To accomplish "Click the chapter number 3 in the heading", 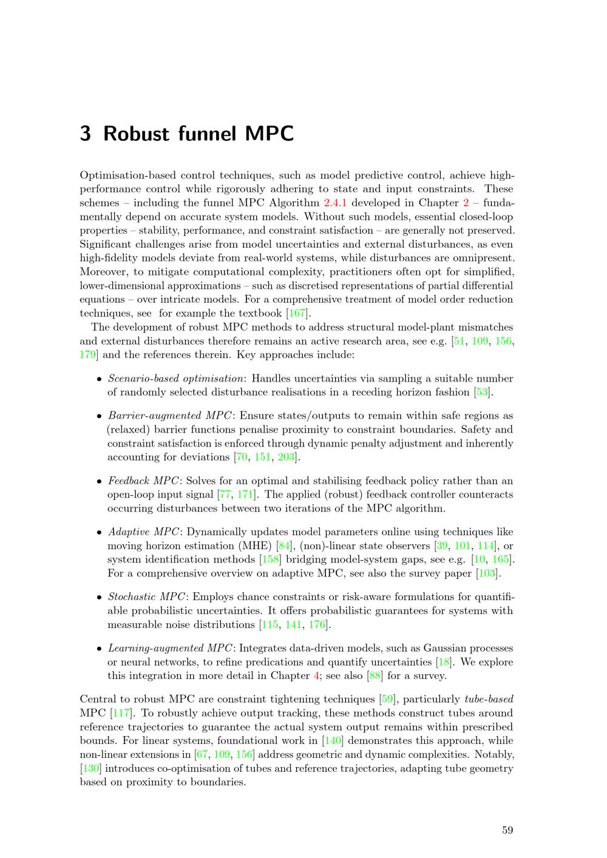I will [x=86, y=133].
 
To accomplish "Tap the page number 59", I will [x=507, y=830].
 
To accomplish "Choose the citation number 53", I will [x=483, y=392].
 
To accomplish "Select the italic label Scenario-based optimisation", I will [x=175, y=379].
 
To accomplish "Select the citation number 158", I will [x=270, y=559].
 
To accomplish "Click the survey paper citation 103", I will [x=487, y=573].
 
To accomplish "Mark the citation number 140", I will [x=333, y=741].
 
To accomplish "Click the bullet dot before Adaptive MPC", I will [x=99, y=533].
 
